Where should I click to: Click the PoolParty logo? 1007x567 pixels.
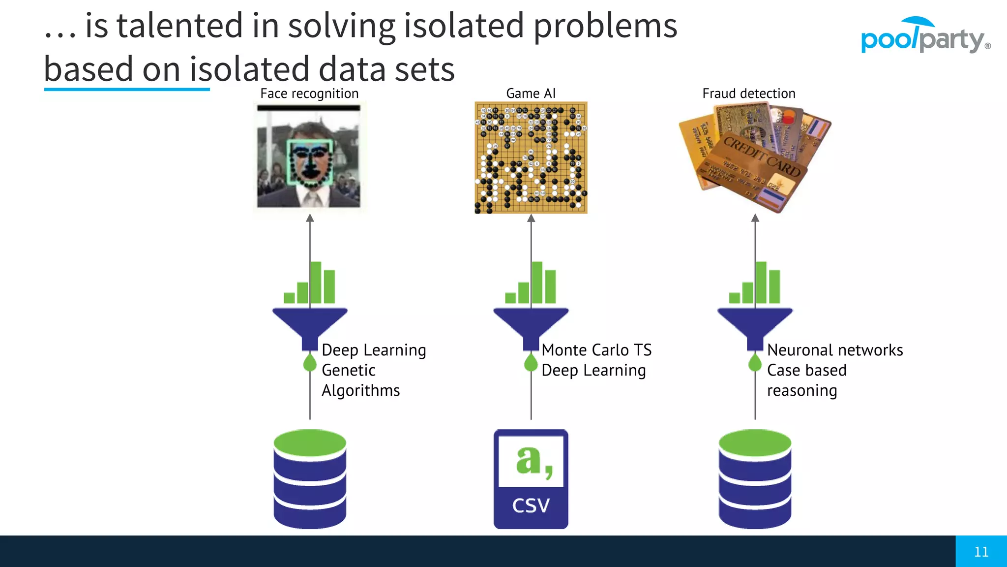[x=924, y=37]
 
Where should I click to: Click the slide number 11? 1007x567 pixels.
[x=981, y=552]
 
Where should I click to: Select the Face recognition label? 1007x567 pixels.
[x=309, y=94]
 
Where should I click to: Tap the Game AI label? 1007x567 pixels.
[x=531, y=94]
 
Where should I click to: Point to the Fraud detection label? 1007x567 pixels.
[x=748, y=94]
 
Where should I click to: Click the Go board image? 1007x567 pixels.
[x=531, y=157]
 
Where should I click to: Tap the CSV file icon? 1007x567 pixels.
[x=531, y=479]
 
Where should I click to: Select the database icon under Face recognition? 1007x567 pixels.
[x=310, y=479]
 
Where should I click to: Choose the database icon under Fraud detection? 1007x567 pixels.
[x=755, y=479]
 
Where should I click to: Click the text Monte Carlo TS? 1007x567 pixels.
[x=596, y=350]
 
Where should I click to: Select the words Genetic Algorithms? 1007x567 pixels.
[x=360, y=380]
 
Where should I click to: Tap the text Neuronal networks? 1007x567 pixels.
[x=834, y=350]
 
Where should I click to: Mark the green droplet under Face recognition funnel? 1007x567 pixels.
[x=310, y=363]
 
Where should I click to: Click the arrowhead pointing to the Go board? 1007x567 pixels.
[x=531, y=218]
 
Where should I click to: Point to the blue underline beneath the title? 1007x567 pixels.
[x=127, y=90]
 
